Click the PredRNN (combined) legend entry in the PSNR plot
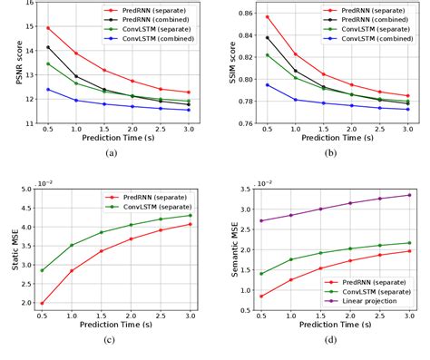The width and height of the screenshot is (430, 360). pyautogui.click(x=163, y=19)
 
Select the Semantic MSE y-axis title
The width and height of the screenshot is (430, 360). pyautogui.click(x=229, y=248)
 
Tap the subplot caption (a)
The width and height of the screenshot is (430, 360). pyautogui.click(x=111, y=155)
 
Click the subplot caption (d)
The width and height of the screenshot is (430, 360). pyautogui.click(x=332, y=340)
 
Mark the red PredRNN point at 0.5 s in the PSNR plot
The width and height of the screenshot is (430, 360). pyautogui.click(x=48, y=28)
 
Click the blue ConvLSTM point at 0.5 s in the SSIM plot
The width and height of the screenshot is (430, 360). pyautogui.click(x=267, y=85)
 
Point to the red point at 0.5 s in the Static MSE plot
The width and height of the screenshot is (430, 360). pyautogui.click(x=43, y=303)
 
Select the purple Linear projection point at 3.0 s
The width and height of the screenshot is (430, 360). pyautogui.click(x=409, y=195)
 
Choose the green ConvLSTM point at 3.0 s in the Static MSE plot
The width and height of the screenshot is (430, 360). pyautogui.click(x=189, y=215)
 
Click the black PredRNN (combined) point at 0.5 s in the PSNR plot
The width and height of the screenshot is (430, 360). pyautogui.click(x=48, y=47)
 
